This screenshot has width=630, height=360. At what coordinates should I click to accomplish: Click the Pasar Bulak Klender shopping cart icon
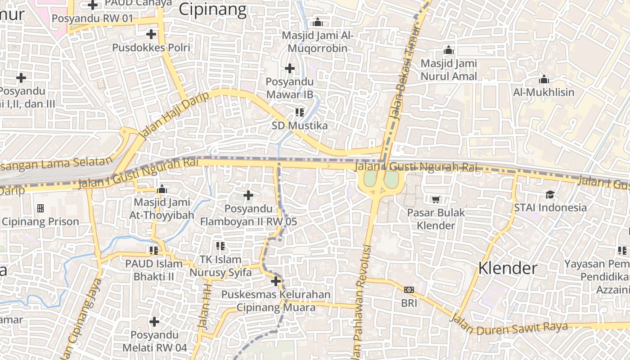(435, 199)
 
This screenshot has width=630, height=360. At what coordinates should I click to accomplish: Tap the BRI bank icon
(409, 290)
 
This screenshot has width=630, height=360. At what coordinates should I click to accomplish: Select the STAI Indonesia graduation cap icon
(550, 194)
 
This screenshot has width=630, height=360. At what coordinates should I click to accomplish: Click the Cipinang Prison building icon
(40, 208)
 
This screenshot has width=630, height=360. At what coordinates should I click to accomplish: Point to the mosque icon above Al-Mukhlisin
(544, 80)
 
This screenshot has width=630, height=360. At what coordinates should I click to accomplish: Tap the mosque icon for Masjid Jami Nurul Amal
(448, 50)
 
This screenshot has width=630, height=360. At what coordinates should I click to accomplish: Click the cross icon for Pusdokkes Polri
(151, 34)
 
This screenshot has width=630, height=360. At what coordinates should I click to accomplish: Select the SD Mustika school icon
(300, 112)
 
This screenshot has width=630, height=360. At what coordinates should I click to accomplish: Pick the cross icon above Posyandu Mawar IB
(290, 68)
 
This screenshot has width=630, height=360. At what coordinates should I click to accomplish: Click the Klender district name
(508, 268)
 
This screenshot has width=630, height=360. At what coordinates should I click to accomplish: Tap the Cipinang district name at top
(213, 9)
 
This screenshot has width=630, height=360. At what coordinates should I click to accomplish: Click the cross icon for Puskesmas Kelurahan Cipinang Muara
(276, 282)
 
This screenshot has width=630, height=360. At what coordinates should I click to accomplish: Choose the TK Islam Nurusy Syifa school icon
(220, 246)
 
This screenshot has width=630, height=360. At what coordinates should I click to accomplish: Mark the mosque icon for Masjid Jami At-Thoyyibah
(162, 189)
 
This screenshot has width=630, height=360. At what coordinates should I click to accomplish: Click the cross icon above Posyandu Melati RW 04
(154, 322)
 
